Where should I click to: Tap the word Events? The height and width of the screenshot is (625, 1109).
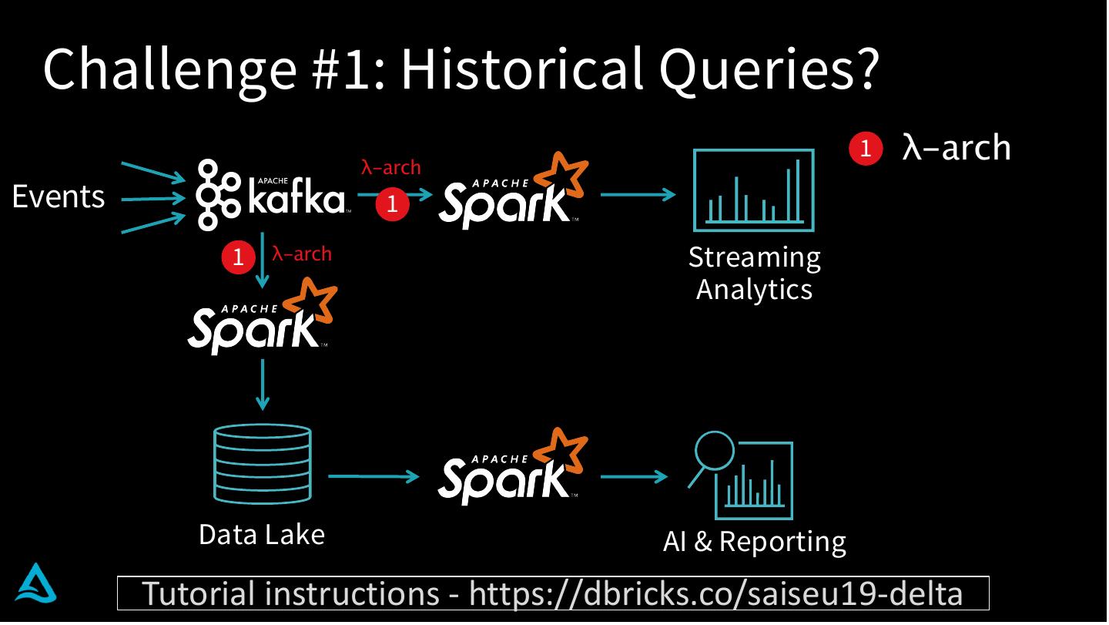click(59, 197)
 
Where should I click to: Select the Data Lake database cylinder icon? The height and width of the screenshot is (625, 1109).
click(263, 464)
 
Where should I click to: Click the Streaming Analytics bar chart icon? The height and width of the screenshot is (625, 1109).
click(753, 190)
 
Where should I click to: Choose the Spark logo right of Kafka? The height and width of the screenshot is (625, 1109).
click(513, 193)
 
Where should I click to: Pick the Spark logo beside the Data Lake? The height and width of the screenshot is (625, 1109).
click(513, 469)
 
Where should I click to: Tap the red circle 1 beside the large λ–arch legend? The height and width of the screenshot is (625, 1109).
click(866, 148)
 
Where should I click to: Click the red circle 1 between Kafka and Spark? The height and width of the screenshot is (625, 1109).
click(392, 204)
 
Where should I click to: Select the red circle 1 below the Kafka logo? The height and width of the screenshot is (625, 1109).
click(238, 257)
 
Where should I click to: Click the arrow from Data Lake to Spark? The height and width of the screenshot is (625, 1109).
click(373, 476)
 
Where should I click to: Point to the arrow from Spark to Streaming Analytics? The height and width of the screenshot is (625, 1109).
click(638, 194)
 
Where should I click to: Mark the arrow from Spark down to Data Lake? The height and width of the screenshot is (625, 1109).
click(263, 384)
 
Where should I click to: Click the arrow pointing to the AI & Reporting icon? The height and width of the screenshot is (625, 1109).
click(633, 477)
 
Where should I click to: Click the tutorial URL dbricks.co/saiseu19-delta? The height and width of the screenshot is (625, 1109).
click(716, 593)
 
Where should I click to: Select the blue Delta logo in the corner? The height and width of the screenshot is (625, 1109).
click(37, 583)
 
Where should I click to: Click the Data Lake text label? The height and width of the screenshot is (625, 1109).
click(262, 534)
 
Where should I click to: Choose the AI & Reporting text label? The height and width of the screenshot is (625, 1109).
click(754, 542)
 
